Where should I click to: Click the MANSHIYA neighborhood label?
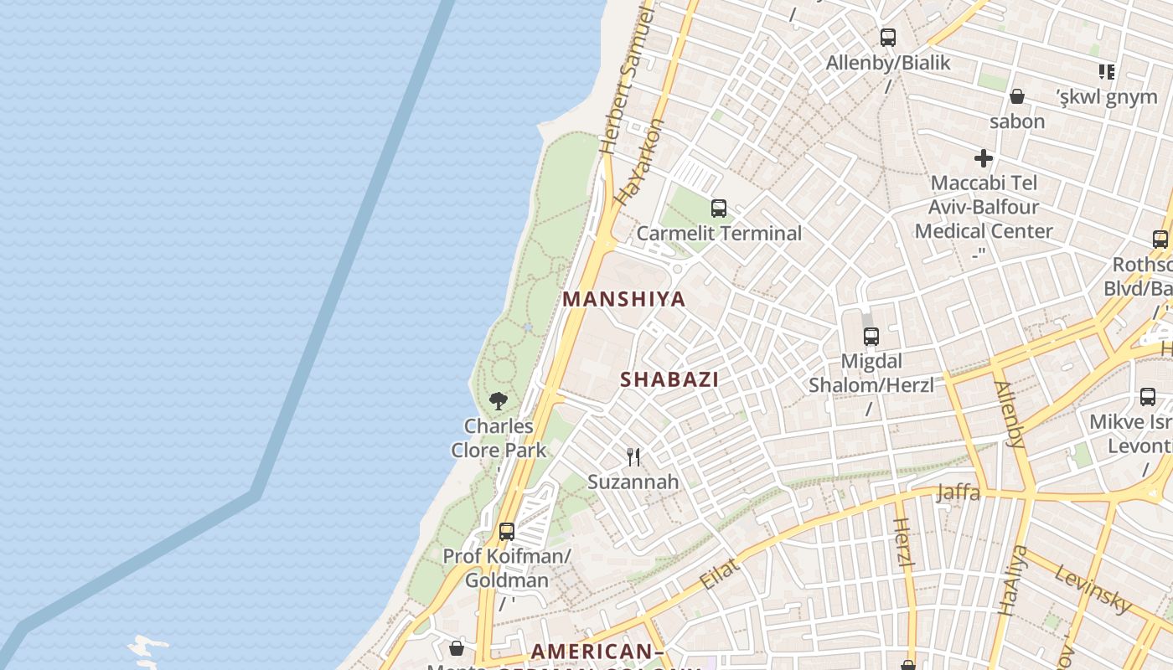623,299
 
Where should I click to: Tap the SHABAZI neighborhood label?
669,379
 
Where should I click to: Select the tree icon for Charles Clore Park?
499,400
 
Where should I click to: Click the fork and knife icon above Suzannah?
633,456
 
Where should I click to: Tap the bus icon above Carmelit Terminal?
718,208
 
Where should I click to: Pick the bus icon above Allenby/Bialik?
888,38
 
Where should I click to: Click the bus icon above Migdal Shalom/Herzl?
871,337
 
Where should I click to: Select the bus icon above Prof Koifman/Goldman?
507,531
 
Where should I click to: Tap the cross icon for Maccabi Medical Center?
984,157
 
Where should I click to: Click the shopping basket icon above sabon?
1017,96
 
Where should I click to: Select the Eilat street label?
719,574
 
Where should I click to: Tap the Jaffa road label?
958,492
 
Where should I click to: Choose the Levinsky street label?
1093,589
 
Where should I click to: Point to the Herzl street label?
902,543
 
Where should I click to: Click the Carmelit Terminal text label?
719,234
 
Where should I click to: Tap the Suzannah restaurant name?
633,482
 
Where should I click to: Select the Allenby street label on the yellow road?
1009,415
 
